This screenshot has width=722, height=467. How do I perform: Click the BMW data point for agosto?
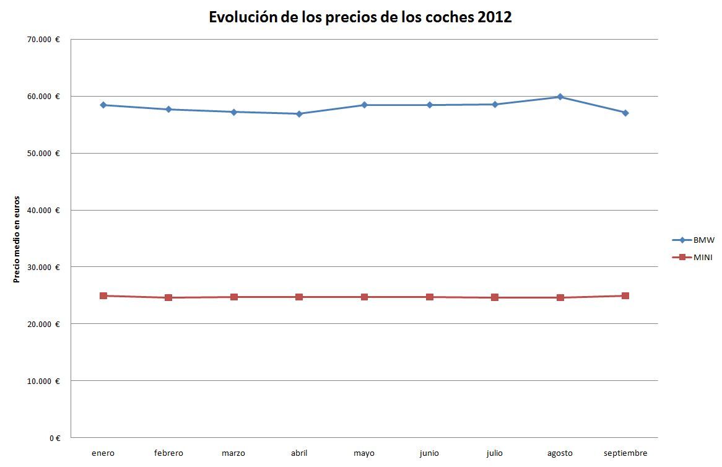560,97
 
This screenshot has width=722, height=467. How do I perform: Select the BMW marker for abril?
299,114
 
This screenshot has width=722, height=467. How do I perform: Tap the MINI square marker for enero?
103,296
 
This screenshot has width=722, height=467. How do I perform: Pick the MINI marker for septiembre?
625,296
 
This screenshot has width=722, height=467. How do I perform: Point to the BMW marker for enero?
103,105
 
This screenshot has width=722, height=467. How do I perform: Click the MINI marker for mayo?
364,297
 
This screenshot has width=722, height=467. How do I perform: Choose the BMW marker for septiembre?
625,113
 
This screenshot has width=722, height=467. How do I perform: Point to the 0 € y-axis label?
54,438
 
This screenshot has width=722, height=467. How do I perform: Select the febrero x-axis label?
168,453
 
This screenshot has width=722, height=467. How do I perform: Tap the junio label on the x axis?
429,453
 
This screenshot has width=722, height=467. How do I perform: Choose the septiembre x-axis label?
625,453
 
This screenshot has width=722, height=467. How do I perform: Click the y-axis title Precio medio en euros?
17,239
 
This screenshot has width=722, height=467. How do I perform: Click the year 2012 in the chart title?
495,17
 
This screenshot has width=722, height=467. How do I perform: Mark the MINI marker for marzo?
234,297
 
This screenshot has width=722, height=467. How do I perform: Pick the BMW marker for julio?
495,105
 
